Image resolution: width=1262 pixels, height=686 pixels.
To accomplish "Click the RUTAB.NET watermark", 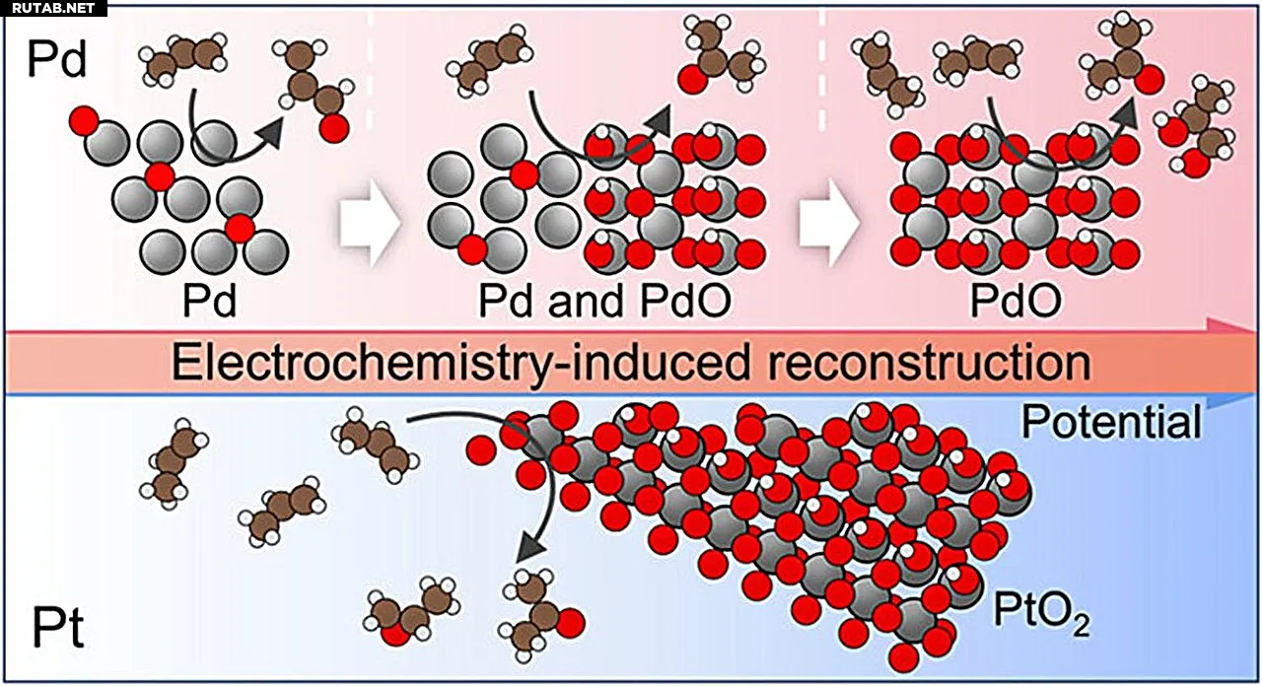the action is point(52,8).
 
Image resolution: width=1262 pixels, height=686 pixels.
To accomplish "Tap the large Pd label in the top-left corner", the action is point(57,59).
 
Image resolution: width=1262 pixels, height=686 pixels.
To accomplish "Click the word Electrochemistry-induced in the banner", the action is point(460,364).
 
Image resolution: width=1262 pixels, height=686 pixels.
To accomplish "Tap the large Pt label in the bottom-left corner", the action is point(58,628).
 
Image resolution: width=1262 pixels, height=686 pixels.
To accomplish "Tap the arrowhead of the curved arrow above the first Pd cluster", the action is point(269,133).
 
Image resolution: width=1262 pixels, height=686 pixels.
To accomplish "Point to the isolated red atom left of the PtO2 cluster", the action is point(481,450).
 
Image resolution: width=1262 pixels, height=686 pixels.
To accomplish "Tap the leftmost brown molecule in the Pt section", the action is point(174,463).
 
